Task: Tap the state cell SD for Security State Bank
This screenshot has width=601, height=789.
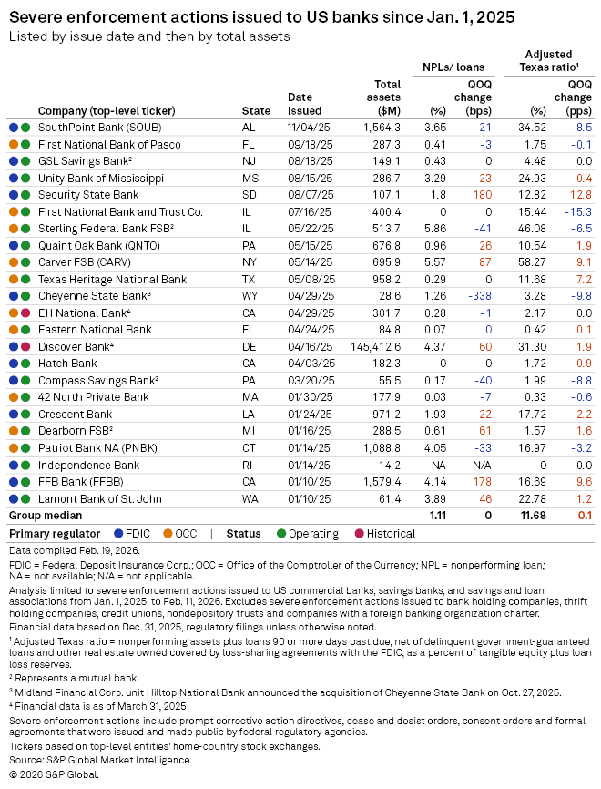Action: (250, 195)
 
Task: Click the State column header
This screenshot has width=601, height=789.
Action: (256, 110)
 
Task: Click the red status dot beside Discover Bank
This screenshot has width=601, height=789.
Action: (25, 346)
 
